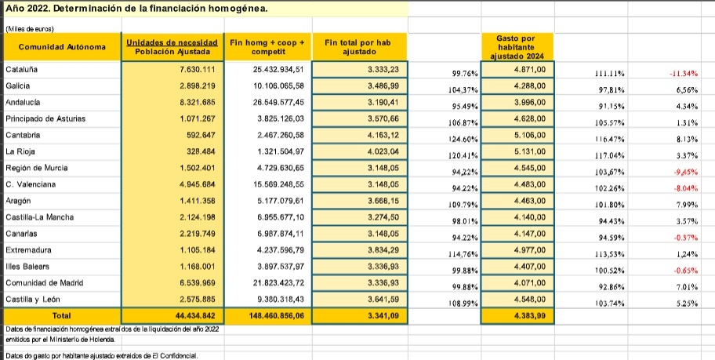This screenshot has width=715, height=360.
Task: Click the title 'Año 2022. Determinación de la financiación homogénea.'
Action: pyautogui.click(x=136, y=9)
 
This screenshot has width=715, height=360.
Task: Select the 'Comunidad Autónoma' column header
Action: pyautogui.click(x=62, y=47)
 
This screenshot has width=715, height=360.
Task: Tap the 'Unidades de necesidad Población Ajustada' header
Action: pyautogui.click(x=170, y=47)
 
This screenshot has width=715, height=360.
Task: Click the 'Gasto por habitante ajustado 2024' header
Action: pyautogui.click(x=517, y=47)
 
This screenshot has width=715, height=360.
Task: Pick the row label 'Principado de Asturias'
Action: pyautogui.click(x=45, y=119)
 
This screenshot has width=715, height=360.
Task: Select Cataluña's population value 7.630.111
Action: pyautogui.click(x=192, y=70)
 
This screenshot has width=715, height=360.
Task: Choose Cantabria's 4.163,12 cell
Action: pyautogui.click(x=383, y=136)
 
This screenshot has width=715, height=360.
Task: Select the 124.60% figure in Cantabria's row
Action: pyautogui.click(x=462, y=139)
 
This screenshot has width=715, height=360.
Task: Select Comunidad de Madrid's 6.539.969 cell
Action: pyautogui.click(x=192, y=282)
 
